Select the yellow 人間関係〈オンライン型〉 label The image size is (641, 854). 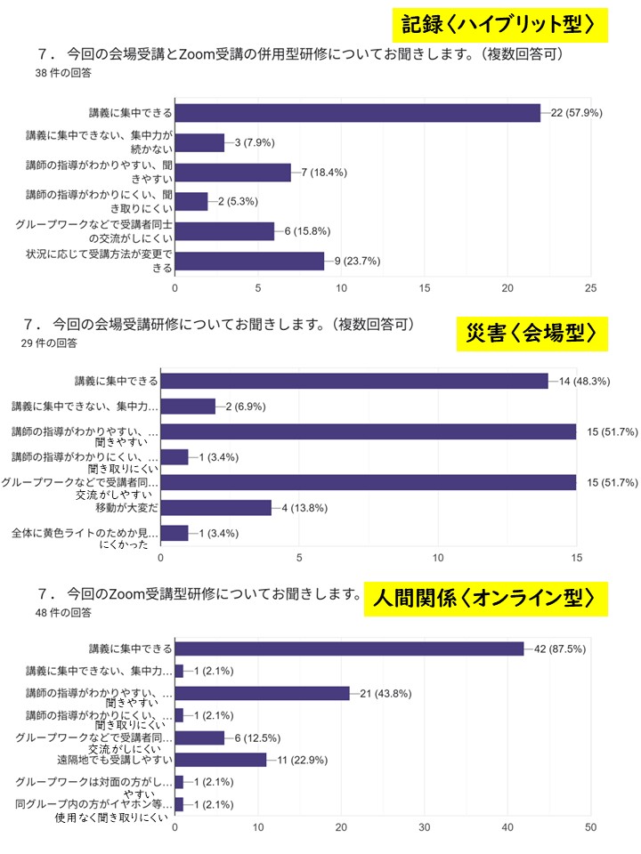point(485,598)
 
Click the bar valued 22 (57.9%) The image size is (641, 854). point(357,113)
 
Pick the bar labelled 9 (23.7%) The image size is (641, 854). point(249,261)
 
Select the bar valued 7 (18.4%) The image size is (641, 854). point(232,172)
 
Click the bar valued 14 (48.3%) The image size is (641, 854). point(354,381)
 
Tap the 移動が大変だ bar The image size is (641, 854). point(215,508)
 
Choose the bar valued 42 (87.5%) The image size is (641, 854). point(349,649)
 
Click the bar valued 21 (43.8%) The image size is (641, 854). point(262,693)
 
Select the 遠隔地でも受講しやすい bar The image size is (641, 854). point(220,760)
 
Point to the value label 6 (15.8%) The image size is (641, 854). point(305,231)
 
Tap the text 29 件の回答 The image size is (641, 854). point(49,342)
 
